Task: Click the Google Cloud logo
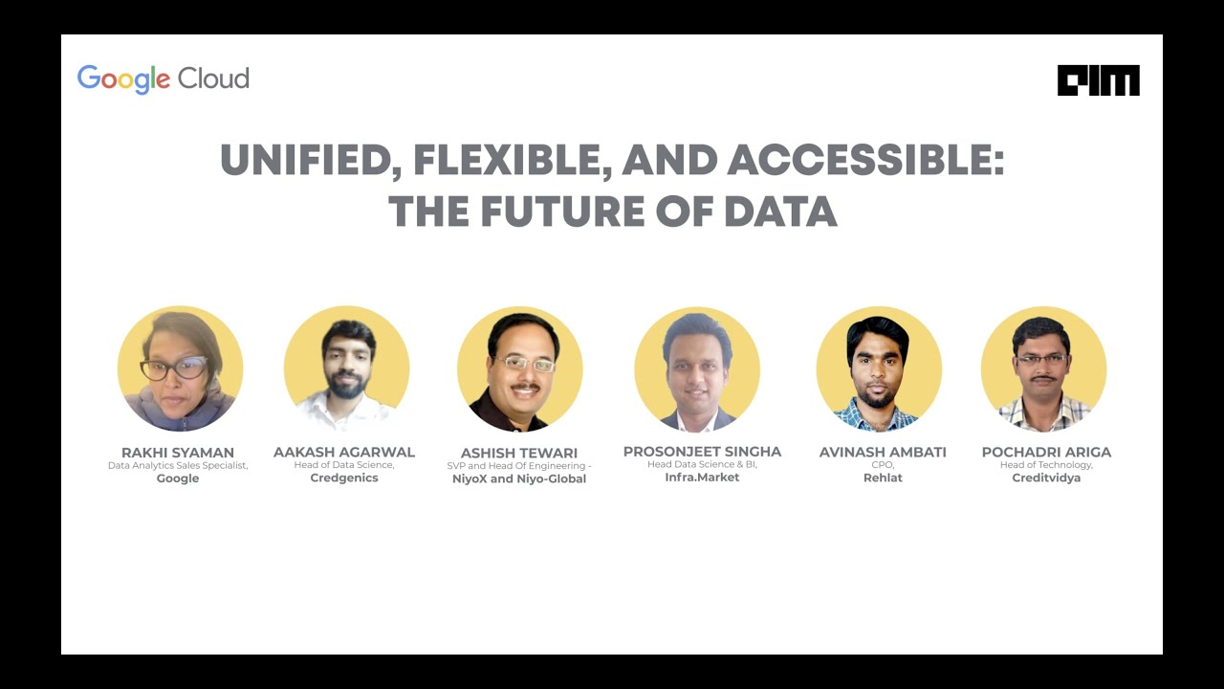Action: tap(163, 78)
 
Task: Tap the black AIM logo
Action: tap(1098, 80)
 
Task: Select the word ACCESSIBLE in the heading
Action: tap(865, 162)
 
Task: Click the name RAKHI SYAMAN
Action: tap(178, 453)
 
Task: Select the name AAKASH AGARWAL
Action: tap(344, 452)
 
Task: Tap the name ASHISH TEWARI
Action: tap(519, 453)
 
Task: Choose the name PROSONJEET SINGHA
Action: tap(702, 452)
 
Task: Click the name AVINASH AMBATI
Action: tap(883, 452)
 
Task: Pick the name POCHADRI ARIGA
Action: tap(1046, 452)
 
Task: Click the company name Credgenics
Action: tap(344, 478)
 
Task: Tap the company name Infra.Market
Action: tap(702, 477)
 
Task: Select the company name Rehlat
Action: tap(883, 478)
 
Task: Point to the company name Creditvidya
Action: tap(1046, 478)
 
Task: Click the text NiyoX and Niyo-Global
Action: tap(519, 478)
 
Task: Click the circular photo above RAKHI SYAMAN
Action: tap(180, 369)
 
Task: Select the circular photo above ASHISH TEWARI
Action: tap(519, 369)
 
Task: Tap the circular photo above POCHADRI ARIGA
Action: tap(1043, 369)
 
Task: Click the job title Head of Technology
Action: tap(1046, 465)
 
